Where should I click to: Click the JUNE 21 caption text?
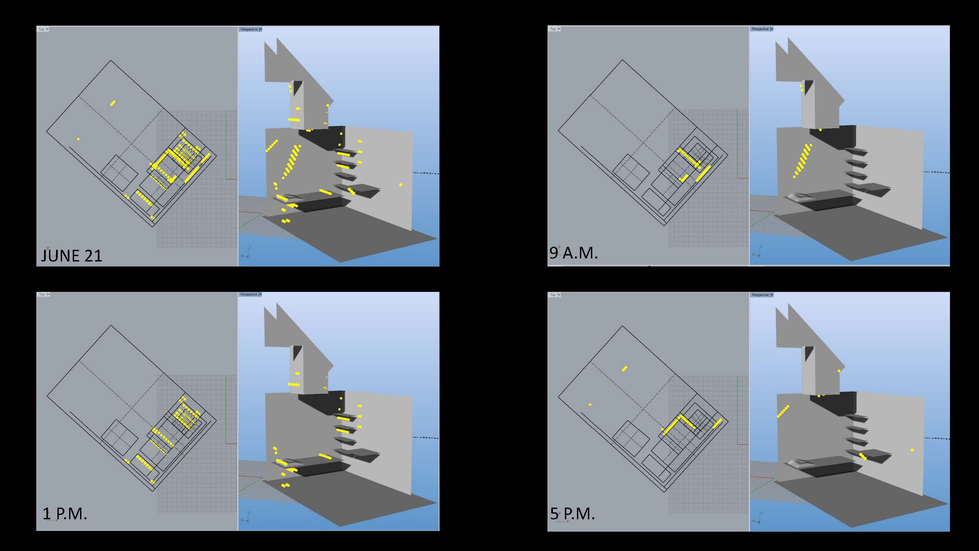pyautogui.click(x=71, y=255)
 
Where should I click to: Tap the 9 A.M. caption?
pyautogui.click(x=574, y=253)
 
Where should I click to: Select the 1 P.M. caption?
pyautogui.click(x=65, y=514)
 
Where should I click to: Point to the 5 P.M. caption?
pyautogui.click(x=572, y=514)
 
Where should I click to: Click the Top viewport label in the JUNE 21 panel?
pyautogui.click(x=41, y=29)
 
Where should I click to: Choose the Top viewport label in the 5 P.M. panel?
pyautogui.click(x=553, y=295)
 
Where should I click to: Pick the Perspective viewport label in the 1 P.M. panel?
pyautogui.click(x=249, y=294)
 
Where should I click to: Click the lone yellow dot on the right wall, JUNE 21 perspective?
pyautogui.click(x=401, y=185)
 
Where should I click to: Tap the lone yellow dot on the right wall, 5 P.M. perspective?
pyautogui.click(x=912, y=450)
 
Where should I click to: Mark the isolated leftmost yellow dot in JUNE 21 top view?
pyautogui.click(x=78, y=139)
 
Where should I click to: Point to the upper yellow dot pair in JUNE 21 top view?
pyautogui.click(x=112, y=103)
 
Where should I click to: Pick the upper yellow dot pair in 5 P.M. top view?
pyautogui.click(x=624, y=368)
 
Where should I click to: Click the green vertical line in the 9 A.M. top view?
pyautogui.click(x=738, y=145)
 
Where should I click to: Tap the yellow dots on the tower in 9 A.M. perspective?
pyautogui.click(x=801, y=88)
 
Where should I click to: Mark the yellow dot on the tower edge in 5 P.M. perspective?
pyautogui.click(x=839, y=371)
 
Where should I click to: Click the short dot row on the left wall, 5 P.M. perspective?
pyautogui.click(x=783, y=411)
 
